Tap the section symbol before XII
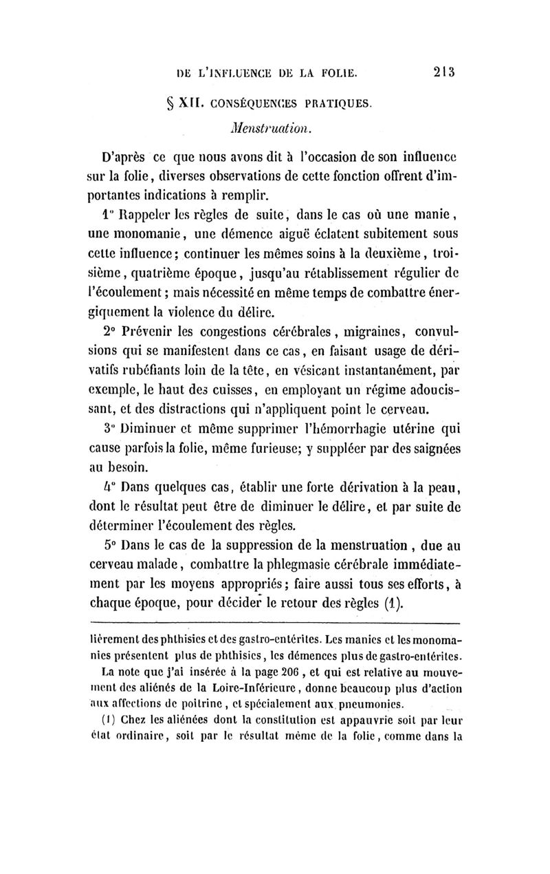(x=164, y=104)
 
